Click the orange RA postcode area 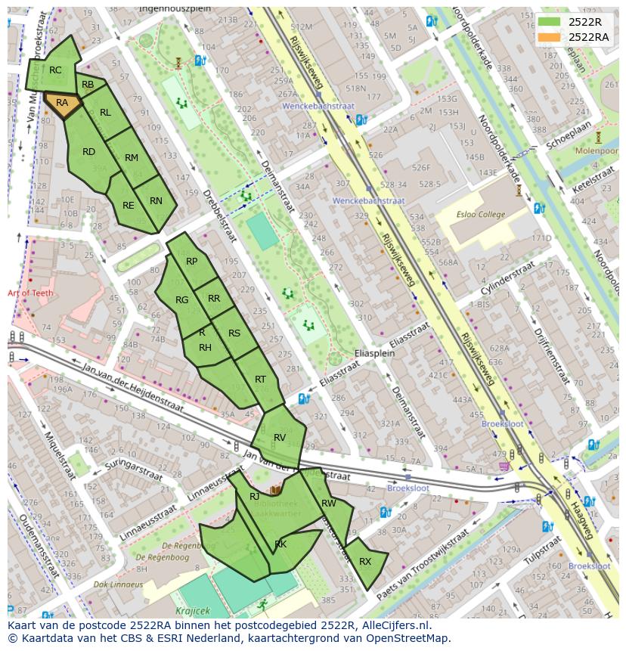click(62, 104)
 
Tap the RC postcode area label click(55, 70)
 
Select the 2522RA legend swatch click(550, 36)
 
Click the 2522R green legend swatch click(550, 22)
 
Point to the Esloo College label click(481, 215)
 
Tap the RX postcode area click(365, 562)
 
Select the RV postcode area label click(280, 438)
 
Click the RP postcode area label click(191, 262)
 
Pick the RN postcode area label click(156, 201)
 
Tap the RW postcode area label click(328, 504)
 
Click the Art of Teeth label click(30, 293)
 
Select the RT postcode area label click(260, 380)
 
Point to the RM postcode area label click(132, 158)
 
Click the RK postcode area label click(280, 544)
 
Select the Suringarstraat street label click(135, 468)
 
